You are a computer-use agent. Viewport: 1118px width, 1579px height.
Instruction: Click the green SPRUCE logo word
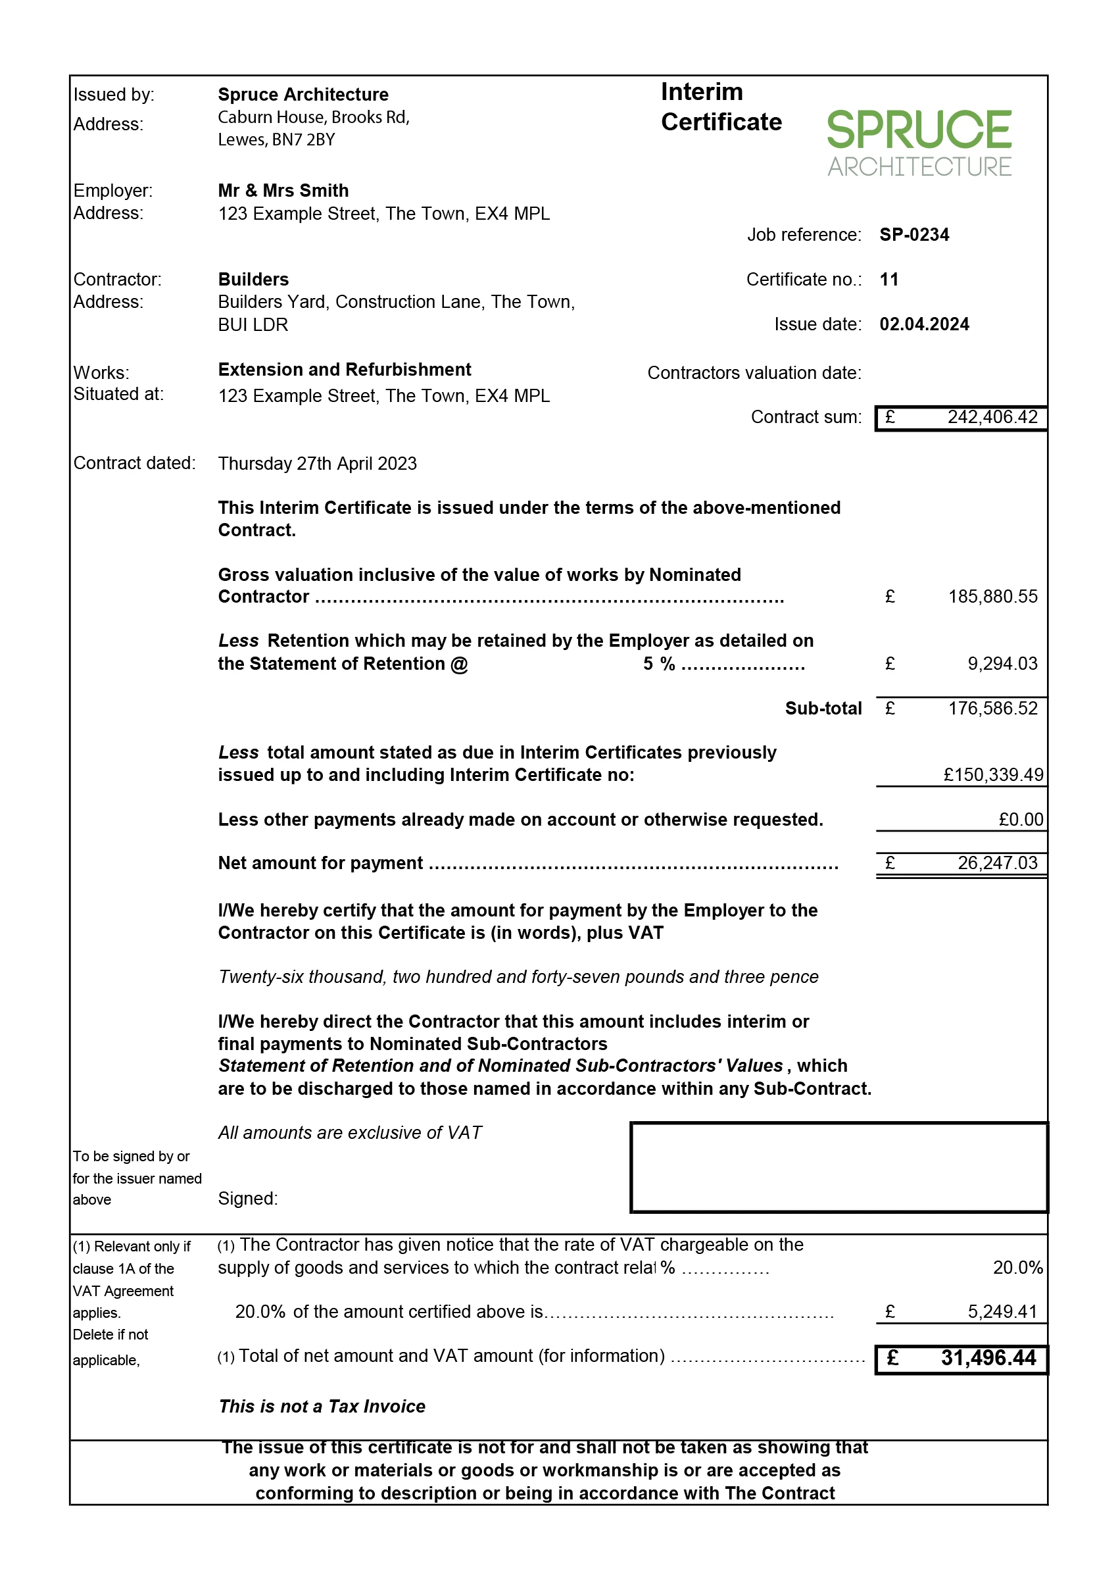918,130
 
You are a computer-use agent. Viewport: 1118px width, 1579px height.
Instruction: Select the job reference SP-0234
913,235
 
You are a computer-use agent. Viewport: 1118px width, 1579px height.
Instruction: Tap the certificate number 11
888,280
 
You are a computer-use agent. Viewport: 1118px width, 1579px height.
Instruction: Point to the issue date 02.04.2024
924,324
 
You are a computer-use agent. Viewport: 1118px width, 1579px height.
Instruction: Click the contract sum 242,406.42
992,417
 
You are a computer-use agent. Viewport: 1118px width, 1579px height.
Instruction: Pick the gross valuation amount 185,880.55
992,596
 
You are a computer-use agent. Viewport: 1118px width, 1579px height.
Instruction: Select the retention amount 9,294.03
1002,664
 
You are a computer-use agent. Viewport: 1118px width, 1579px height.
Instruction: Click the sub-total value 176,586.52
992,709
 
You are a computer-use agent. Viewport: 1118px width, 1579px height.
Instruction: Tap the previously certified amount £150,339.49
992,774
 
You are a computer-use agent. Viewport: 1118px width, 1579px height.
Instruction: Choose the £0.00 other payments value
1020,820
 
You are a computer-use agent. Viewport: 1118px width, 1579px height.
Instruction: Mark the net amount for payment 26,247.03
997,863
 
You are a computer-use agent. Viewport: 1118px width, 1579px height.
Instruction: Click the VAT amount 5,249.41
1002,1312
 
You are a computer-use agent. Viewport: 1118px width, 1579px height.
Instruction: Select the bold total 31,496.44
988,1358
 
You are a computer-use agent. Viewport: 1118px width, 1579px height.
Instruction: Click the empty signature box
838,1167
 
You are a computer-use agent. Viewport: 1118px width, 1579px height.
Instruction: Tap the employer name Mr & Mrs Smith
283,191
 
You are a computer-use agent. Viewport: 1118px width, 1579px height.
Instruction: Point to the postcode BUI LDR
253,325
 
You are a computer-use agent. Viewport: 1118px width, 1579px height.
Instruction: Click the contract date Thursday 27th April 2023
318,463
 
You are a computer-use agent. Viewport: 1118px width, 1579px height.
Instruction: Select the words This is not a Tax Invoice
322,1406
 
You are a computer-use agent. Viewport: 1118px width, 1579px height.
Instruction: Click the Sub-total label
823,709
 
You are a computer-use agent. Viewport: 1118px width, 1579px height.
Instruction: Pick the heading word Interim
702,92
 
